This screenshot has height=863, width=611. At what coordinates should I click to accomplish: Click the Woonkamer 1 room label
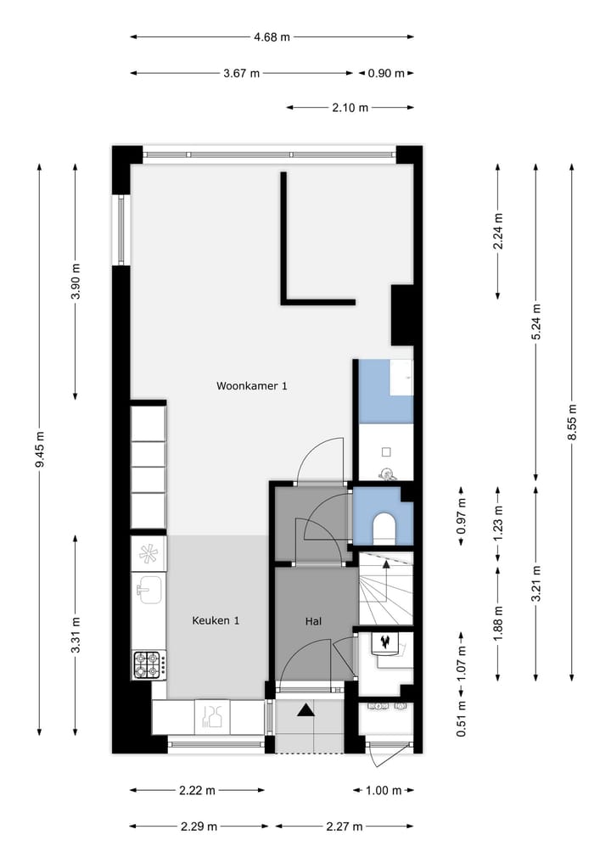[252, 386]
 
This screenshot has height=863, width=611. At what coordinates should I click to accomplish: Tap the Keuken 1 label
[216, 620]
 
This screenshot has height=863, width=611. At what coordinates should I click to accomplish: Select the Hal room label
[314, 621]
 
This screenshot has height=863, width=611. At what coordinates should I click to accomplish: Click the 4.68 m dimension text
[272, 36]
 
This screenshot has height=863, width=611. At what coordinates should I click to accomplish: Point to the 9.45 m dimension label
[40, 450]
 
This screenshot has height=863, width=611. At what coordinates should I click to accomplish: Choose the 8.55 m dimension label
[573, 420]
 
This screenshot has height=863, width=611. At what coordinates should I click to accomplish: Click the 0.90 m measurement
[386, 73]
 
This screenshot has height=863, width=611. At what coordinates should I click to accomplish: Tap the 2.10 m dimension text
[350, 108]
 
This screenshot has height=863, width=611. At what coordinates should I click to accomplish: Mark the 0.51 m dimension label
[461, 718]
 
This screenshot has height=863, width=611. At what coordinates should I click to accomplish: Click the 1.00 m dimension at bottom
[384, 790]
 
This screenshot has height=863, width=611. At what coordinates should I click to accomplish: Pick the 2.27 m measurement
[345, 826]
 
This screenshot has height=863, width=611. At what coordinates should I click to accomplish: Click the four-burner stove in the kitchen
[148, 664]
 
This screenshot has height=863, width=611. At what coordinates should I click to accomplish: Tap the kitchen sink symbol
[149, 587]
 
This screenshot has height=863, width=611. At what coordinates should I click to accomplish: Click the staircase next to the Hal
[385, 588]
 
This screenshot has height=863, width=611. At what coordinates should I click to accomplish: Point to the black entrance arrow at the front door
[305, 711]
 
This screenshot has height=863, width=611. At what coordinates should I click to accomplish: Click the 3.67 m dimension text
[242, 73]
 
